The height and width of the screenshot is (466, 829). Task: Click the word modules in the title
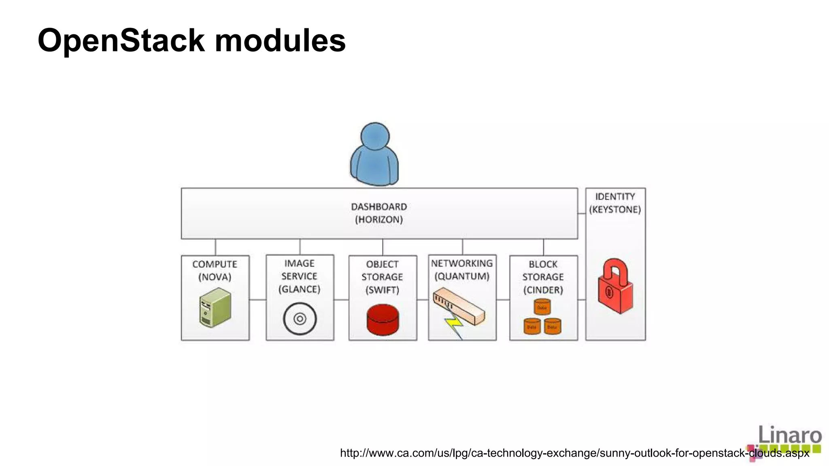click(280, 41)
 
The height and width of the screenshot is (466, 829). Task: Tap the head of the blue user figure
click(375, 137)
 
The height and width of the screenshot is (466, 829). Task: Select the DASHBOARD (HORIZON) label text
click(379, 213)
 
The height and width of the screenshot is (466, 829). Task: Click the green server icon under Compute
click(215, 307)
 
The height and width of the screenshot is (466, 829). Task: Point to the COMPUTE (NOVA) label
click(215, 270)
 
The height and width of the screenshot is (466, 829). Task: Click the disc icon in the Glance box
click(300, 319)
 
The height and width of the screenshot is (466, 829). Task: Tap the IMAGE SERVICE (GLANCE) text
click(300, 276)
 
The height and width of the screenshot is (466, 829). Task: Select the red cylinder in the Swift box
click(383, 320)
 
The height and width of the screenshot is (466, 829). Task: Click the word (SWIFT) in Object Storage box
click(383, 290)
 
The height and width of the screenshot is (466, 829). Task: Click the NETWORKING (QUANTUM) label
click(462, 270)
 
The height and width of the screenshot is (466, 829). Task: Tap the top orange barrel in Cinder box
click(542, 307)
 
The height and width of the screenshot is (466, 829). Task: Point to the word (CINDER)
click(543, 290)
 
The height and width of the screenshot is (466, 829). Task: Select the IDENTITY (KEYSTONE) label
click(615, 203)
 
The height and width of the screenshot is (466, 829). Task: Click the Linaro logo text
click(789, 435)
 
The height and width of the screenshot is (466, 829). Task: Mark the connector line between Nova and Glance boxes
click(257, 300)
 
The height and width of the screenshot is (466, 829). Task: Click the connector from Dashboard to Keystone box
click(581, 214)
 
